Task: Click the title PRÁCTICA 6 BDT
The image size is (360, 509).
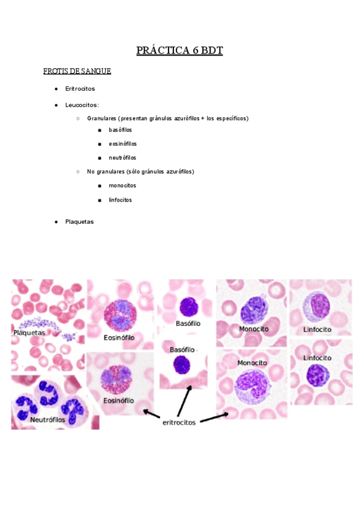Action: [x=179, y=50]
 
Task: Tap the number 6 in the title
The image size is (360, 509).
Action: [x=196, y=50]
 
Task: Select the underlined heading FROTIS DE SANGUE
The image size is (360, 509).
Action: [x=77, y=71]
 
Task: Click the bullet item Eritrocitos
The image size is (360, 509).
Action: [x=80, y=89]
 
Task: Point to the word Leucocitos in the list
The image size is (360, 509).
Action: [x=81, y=105]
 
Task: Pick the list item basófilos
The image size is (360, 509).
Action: [x=121, y=130]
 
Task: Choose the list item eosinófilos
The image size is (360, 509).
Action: [x=122, y=144]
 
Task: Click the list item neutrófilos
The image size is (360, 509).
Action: [x=122, y=158]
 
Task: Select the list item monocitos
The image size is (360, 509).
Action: [x=122, y=185]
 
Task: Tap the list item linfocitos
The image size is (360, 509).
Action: [x=121, y=200]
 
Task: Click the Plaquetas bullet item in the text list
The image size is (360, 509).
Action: [x=79, y=221]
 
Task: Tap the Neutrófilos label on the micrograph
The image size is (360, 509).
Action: [x=49, y=420]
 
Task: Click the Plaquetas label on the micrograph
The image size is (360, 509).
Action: [x=29, y=332]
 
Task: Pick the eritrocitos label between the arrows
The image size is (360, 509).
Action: [x=179, y=423]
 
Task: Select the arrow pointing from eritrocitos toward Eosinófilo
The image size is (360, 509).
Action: [x=151, y=414]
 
